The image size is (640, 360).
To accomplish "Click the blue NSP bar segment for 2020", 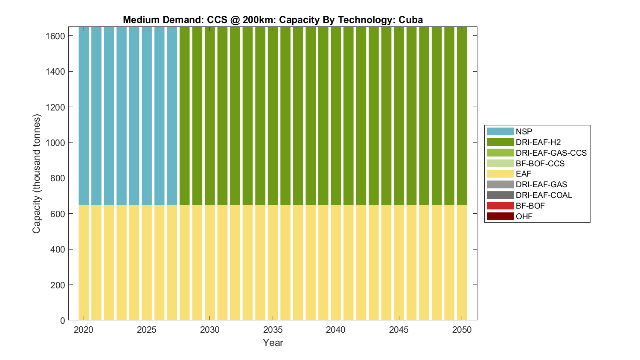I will point(84,115).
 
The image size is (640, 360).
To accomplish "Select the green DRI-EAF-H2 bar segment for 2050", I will point(462,115).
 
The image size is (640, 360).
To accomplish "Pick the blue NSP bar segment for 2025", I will point(147,115).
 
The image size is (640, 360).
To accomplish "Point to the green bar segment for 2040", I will point(336,115).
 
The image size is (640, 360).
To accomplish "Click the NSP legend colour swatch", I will point(500,131).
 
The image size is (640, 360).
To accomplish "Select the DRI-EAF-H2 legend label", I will point(538,142).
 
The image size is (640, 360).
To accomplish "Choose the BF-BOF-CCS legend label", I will point(540,163).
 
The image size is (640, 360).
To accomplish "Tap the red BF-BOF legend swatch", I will point(500,206).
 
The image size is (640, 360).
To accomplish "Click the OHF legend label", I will point(524,216).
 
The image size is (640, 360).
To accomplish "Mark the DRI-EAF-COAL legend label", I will point(544,195).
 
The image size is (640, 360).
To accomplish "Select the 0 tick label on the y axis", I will point(62,320).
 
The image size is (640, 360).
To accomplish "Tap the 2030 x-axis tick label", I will point(210,330).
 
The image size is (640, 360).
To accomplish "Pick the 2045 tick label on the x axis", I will point(399,330).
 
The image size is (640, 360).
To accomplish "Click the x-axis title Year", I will point(273,343).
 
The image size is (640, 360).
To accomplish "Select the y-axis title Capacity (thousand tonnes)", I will point(37,174).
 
